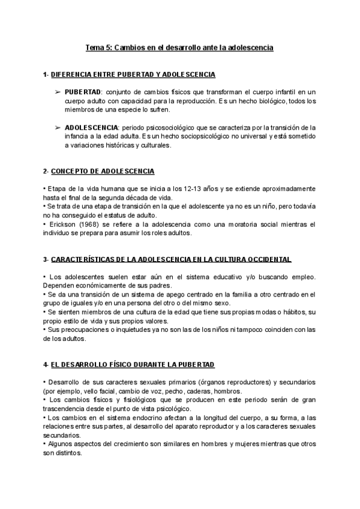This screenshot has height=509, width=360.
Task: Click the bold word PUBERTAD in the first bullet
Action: pos(83,92)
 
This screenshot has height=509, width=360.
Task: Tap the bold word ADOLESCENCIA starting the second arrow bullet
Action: pos(91,128)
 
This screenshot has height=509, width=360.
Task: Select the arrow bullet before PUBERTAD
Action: pos(57,92)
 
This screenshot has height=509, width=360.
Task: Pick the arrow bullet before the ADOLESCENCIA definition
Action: pos(57,128)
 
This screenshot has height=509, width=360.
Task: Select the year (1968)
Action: pos(90,224)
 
